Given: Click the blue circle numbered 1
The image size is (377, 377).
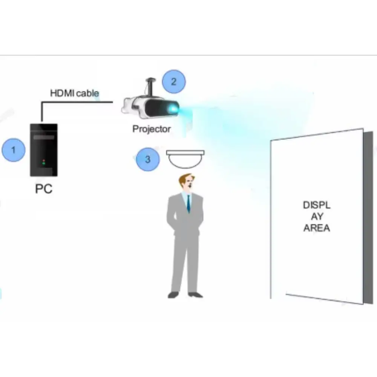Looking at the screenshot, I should click(13, 150).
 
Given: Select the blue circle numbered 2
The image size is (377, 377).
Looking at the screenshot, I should click(173, 81).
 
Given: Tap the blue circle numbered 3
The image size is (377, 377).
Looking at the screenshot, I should click(147, 159).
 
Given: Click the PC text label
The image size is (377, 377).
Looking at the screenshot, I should click(44, 188).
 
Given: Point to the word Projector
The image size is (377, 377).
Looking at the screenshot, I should click(151, 129).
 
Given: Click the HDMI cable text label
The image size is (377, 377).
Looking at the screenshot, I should click(75, 93).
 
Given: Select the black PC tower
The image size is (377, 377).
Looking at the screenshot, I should click(44, 150).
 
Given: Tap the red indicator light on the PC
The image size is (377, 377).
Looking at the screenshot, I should click(44, 160).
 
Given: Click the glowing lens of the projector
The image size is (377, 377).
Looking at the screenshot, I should click(173, 109).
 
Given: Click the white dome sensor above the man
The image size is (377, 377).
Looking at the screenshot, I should click(185, 158).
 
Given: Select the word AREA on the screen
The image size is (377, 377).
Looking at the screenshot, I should click(317, 228).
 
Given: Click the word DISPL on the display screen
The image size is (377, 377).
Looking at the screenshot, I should click(317, 205).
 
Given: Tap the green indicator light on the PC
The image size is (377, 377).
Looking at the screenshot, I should click(44, 164).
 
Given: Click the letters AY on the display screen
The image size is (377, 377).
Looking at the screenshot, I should click(317, 217).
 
